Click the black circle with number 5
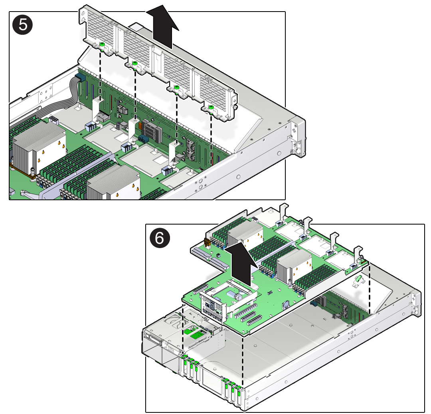22,25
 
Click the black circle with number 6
160,238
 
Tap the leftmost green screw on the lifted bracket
102,45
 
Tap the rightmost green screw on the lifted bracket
211,107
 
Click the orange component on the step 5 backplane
140,126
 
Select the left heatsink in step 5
38,148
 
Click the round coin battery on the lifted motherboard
286,304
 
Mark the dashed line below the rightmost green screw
211,139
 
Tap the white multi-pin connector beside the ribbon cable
53,120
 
